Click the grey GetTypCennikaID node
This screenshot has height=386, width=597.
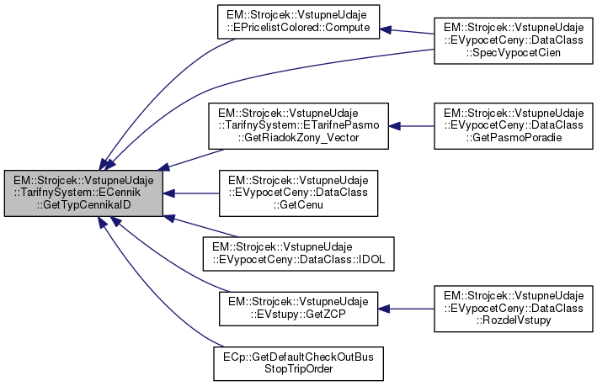pos(83,193)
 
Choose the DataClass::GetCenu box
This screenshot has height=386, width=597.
pos(298,193)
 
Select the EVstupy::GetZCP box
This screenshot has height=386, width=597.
pos(298,309)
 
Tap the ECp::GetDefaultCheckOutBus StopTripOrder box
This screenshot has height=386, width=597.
pos(298,361)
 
